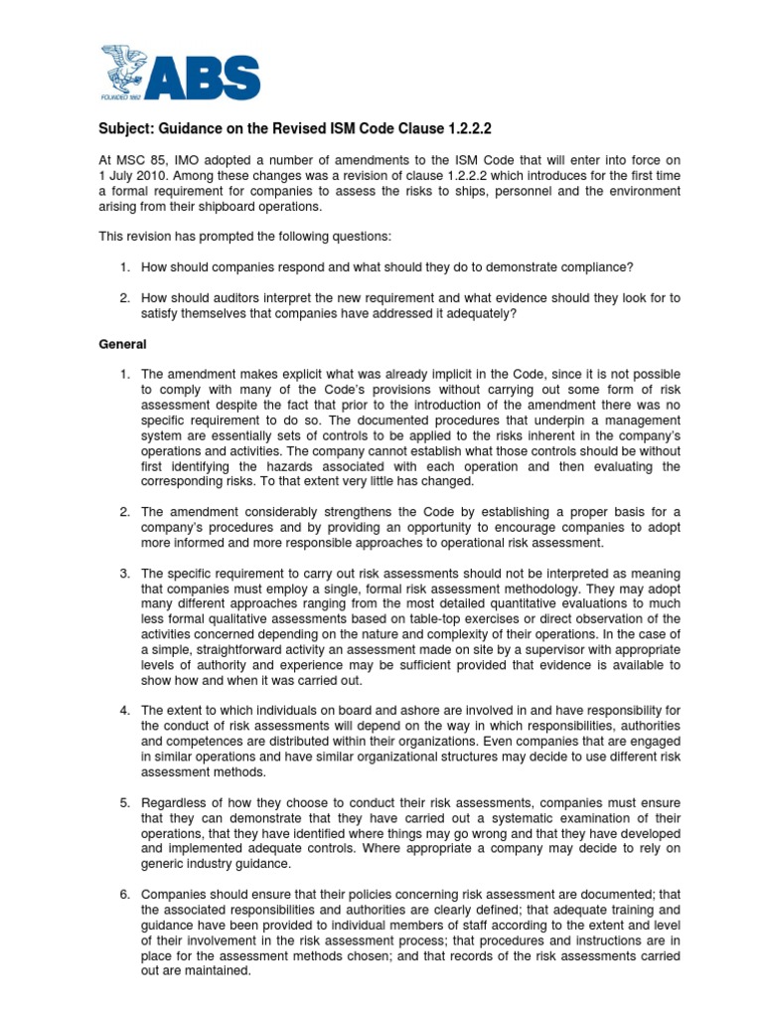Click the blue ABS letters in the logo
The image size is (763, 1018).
[x=209, y=77]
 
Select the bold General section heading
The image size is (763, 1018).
[x=122, y=344]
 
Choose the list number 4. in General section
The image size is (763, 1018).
[x=126, y=711]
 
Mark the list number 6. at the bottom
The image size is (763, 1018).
[x=126, y=894]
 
